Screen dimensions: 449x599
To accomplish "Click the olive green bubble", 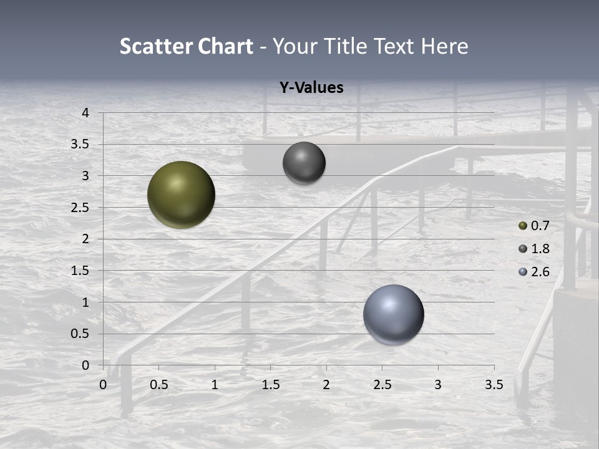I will click(182, 195).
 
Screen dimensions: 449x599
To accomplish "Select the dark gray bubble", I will click(304, 163).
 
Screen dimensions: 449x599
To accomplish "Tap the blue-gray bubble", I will click(393, 314).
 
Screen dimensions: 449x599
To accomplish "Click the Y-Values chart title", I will click(311, 88).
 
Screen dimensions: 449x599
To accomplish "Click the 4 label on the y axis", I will click(85, 113).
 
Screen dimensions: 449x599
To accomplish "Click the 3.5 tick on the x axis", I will click(494, 385).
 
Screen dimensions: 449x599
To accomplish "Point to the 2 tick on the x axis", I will click(326, 385).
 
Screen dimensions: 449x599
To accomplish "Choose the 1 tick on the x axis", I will click(215, 385).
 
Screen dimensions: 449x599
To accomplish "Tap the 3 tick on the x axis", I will click(438, 385).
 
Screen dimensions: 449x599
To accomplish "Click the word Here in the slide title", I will click(444, 46).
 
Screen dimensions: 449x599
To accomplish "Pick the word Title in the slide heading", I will click(343, 46).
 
